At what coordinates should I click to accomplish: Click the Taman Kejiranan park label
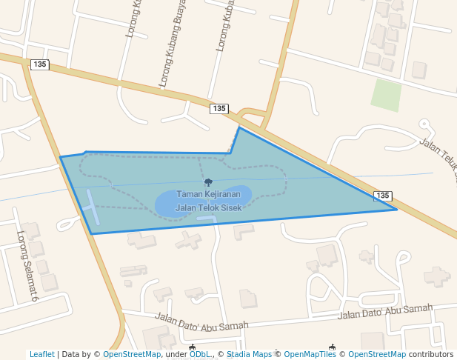[x=208, y=194]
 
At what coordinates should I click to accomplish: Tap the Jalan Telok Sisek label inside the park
[x=208, y=208]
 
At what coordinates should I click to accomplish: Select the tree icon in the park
[x=208, y=182]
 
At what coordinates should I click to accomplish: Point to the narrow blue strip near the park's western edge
[x=91, y=207]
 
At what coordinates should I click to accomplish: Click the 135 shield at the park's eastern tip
[x=382, y=196]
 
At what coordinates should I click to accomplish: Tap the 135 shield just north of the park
[x=219, y=109]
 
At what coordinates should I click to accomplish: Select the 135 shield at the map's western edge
[x=40, y=64]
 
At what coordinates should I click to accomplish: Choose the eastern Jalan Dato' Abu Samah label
[x=384, y=312]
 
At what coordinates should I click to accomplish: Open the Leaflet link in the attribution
[x=42, y=354]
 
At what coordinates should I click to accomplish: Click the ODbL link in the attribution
[x=199, y=354]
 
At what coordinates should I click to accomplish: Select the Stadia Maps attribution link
[x=249, y=354]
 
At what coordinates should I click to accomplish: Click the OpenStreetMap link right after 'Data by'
[x=132, y=354]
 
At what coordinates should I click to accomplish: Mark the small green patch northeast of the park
[x=386, y=95]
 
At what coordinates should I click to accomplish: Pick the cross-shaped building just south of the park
[x=188, y=240]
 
